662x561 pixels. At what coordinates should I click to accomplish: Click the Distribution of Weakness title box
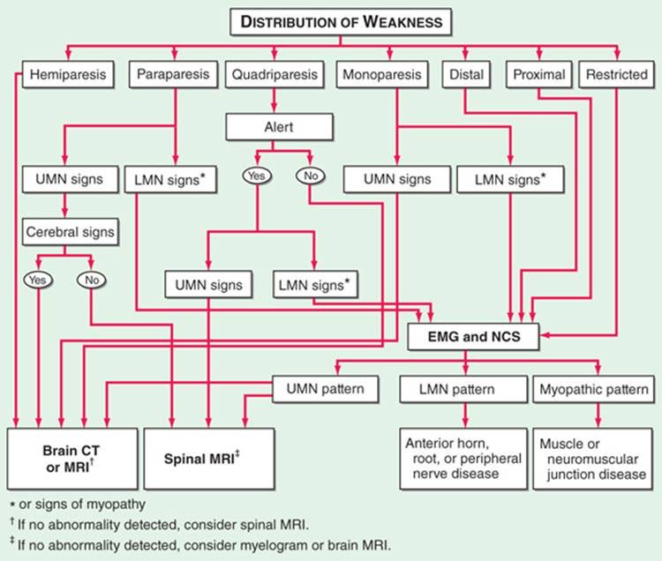tap(341, 21)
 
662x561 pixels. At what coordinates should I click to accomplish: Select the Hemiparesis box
tap(68, 75)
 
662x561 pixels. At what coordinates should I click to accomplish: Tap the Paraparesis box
tap(173, 75)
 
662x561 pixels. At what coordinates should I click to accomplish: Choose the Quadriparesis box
tap(275, 75)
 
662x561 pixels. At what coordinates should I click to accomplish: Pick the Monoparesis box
tap(382, 75)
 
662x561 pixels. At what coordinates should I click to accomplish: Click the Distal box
tap(466, 75)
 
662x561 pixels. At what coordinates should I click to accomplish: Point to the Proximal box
tap(539, 75)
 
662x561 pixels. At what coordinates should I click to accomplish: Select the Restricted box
tap(616, 75)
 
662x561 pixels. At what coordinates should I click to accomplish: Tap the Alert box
tap(279, 127)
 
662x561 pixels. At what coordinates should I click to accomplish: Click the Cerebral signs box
tap(70, 232)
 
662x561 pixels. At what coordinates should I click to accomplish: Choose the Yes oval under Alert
tap(257, 176)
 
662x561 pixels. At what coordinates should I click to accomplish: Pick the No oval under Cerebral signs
tap(92, 280)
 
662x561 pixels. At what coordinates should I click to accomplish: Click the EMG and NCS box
tap(473, 337)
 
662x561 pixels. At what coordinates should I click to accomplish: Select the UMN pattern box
tap(325, 389)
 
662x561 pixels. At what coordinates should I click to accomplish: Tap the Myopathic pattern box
tap(594, 389)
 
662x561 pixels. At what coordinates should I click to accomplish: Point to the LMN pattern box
tap(463, 389)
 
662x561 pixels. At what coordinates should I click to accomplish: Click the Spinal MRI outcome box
tap(209, 459)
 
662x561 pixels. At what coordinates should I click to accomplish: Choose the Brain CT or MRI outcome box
tap(72, 459)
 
